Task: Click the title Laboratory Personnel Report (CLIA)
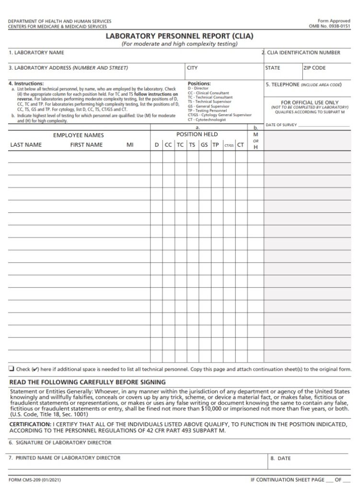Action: click(179, 36)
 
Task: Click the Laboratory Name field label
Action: click(36, 53)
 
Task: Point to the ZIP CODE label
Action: click(315, 68)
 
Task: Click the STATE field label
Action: click(273, 68)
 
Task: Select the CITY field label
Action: click(192, 68)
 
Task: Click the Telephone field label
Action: click(303, 84)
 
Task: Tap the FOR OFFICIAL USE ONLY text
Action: click(310, 103)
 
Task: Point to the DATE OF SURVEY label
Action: click(281, 125)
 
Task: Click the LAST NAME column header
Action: click(26, 145)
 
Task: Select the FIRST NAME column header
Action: click(86, 145)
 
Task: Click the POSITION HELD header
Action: click(197, 135)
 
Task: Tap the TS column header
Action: click(192, 145)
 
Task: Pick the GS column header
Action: click(204, 145)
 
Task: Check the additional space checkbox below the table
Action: click(11, 369)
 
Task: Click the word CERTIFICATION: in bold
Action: click(30, 425)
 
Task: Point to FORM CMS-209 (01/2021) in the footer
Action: click(35, 479)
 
